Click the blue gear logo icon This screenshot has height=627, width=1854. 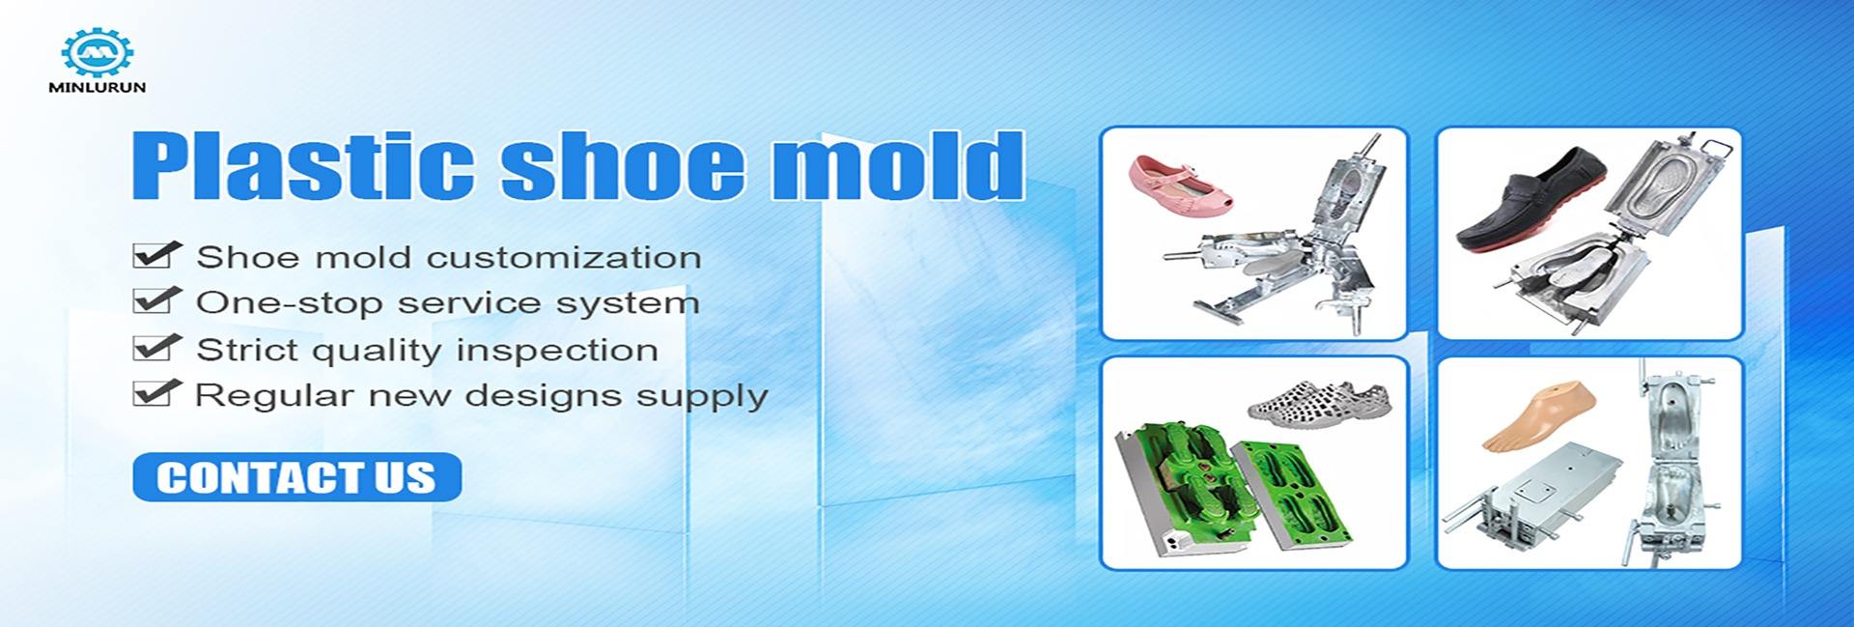coord(97,52)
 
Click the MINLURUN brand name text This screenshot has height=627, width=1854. coord(97,87)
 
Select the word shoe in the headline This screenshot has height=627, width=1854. coord(622,165)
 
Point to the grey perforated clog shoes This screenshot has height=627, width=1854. coord(1319,398)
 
